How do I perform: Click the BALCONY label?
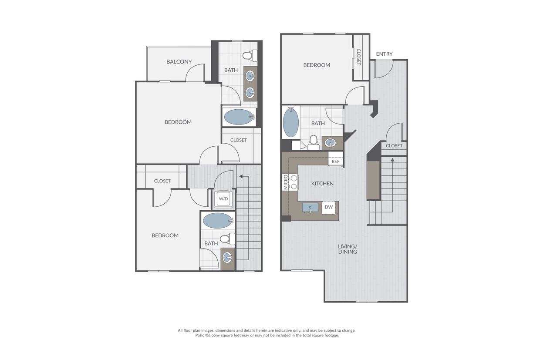click(179, 62)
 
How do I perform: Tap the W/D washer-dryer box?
click(223, 199)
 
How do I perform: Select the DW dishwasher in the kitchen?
click(329, 207)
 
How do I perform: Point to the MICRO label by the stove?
click(286, 182)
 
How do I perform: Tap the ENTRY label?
click(384, 54)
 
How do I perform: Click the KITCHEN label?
click(322, 183)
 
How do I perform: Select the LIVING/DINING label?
click(348, 249)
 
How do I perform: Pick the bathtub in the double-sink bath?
click(239, 117)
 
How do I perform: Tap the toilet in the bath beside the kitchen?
click(314, 143)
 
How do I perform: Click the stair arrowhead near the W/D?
click(240, 177)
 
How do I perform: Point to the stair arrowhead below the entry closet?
click(392, 159)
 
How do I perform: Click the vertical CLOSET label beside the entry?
click(358, 57)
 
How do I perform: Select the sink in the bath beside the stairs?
click(228, 258)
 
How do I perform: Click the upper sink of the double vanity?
click(250, 76)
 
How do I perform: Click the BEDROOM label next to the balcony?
click(178, 122)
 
